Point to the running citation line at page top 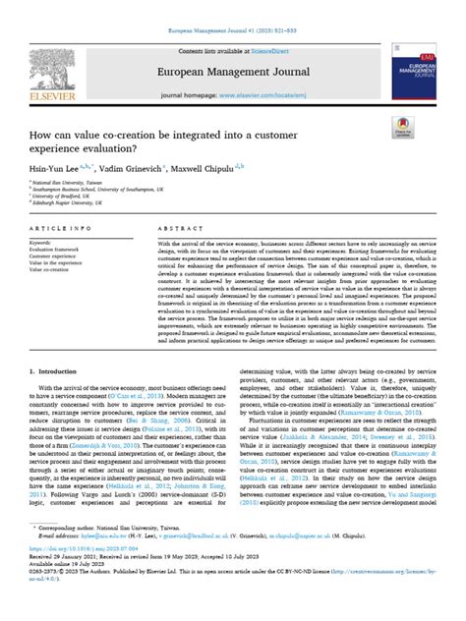click(x=232, y=7)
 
